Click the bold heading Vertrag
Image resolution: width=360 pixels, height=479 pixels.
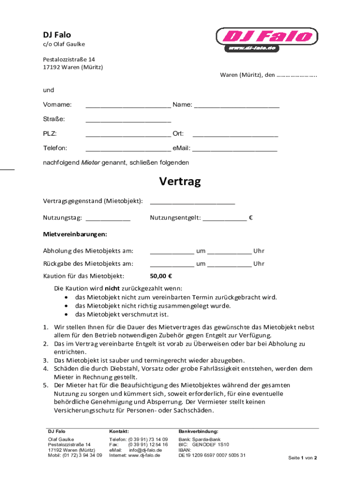[180, 181]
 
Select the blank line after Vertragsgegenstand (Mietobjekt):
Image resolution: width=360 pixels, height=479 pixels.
[192, 203]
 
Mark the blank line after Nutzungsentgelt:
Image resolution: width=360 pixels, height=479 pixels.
[224, 219]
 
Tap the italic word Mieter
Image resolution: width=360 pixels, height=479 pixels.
[91, 163]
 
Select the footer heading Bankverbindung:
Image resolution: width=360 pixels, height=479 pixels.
[198, 431]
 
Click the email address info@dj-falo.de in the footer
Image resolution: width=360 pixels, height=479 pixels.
[145, 450]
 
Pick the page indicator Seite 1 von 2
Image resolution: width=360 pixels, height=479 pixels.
[303, 457]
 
